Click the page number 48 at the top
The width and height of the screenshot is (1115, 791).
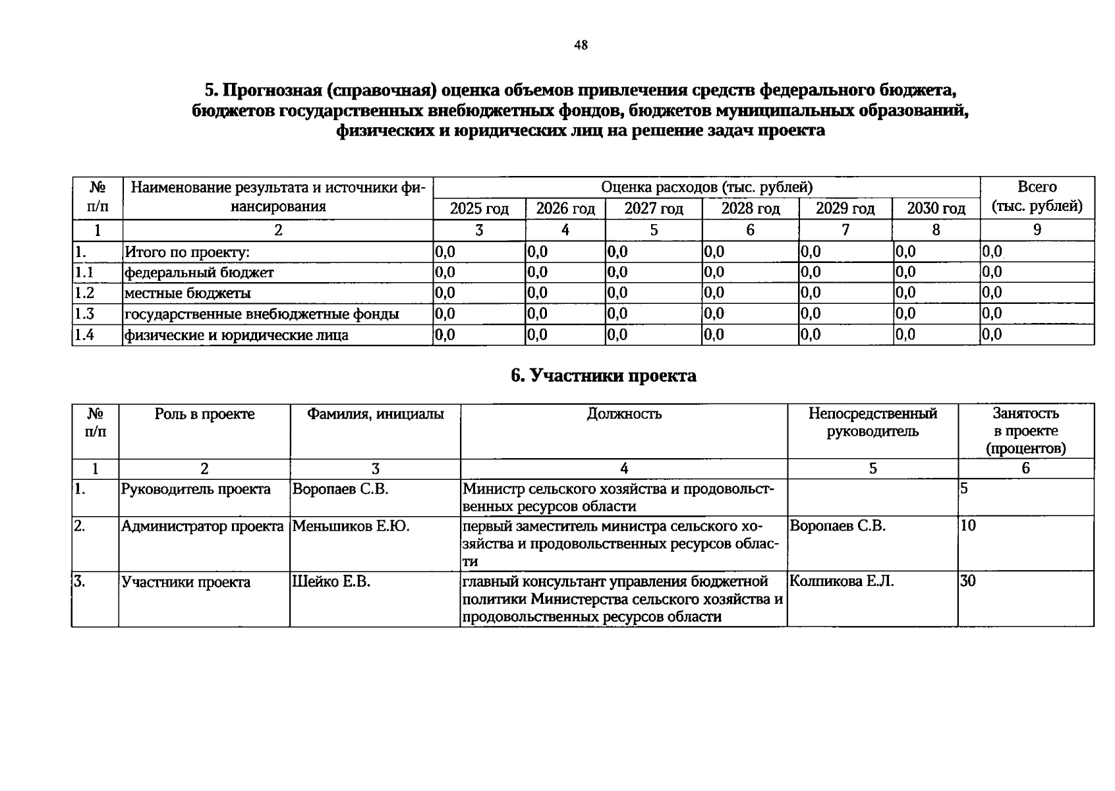(x=581, y=45)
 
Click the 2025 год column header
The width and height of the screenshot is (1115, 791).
(x=479, y=209)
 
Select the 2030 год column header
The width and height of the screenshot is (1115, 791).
(x=936, y=209)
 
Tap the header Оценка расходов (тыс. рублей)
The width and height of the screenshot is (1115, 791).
(x=706, y=187)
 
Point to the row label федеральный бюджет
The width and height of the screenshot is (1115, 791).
(x=199, y=272)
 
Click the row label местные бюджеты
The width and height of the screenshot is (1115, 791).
(x=188, y=293)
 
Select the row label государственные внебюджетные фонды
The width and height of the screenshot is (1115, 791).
(x=262, y=314)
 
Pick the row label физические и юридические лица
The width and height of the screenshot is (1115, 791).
(x=237, y=335)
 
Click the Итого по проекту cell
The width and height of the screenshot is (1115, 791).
(x=188, y=252)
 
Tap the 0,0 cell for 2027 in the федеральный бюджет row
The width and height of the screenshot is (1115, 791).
(x=617, y=272)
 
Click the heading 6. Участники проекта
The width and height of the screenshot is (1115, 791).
(x=603, y=376)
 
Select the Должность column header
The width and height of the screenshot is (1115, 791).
(x=623, y=414)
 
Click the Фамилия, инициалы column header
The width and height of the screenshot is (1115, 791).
(x=375, y=414)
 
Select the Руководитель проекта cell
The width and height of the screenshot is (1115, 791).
(x=196, y=489)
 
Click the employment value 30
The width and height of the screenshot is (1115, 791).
(x=968, y=581)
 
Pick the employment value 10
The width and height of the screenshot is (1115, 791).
(x=968, y=526)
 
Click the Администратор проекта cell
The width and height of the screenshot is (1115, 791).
(x=202, y=526)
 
